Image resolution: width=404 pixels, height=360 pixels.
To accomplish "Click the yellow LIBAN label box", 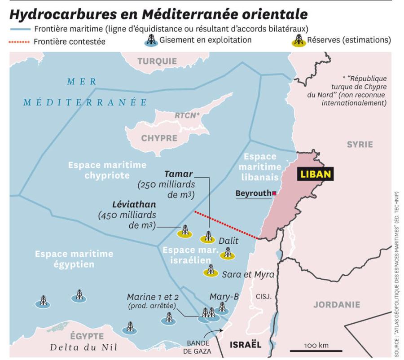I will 316,174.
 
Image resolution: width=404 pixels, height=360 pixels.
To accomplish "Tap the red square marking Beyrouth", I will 274,193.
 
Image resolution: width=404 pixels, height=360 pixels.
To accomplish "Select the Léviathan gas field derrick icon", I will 184,231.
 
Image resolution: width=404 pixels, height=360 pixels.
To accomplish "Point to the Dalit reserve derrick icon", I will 228,254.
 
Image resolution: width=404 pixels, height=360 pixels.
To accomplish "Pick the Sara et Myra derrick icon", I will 210,271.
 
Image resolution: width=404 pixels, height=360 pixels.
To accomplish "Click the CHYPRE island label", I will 159,138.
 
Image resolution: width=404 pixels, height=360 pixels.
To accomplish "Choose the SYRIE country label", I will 360,144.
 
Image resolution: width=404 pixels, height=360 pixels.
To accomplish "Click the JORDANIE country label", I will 336,305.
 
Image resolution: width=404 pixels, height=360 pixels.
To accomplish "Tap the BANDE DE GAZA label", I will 199,347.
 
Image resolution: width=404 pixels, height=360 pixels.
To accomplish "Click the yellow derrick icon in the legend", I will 298,40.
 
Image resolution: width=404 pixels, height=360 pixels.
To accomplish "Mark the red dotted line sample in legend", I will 20,42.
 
